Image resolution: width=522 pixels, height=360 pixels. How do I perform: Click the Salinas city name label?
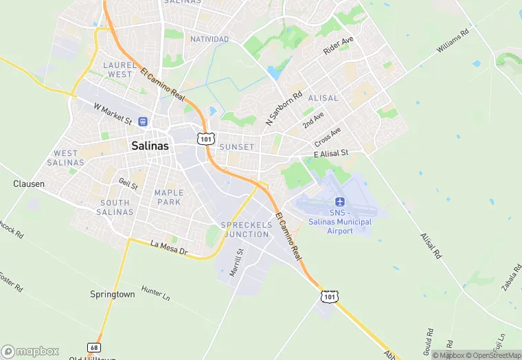(150, 146)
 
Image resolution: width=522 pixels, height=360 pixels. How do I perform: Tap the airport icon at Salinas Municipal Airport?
(339, 201)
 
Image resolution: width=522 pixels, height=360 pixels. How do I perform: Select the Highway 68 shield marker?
(94, 347)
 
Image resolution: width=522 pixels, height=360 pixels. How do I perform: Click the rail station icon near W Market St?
(143, 121)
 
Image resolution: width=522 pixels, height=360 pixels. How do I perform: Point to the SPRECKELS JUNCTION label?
(245, 229)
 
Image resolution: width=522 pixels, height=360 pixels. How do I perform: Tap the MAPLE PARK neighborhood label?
(169, 197)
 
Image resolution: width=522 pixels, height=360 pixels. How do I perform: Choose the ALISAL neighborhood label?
(323, 98)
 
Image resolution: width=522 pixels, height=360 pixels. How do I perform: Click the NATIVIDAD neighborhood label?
(209, 39)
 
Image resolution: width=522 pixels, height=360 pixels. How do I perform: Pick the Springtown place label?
(113, 293)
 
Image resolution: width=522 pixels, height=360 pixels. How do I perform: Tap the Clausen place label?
(29, 184)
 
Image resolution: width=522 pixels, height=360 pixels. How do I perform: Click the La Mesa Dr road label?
(169, 248)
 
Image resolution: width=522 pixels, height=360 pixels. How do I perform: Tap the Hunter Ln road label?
(155, 294)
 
